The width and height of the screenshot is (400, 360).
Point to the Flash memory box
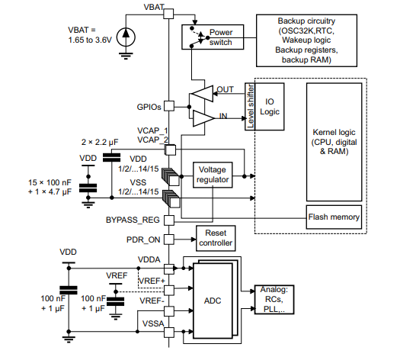[x=334, y=217]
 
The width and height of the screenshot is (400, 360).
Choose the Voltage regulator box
[x=213, y=174]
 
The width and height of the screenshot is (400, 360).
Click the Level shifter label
[x=249, y=106]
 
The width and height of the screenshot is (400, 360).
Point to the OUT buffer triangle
[x=203, y=93]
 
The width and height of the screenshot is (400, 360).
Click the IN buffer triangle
[x=204, y=117]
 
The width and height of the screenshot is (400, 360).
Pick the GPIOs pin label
[x=149, y=107]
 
